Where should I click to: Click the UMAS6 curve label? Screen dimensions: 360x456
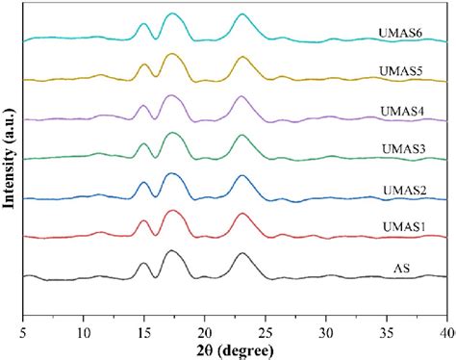[x=397, y=35]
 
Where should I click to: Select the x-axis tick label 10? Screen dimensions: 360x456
[x=84, y=330]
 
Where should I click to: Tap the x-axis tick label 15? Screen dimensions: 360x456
[x=144, y=330]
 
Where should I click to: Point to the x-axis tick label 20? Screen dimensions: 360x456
[x=205, y=330]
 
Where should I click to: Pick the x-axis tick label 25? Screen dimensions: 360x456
[x=266, y=330]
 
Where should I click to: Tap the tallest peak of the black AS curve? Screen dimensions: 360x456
[x=172, y=251]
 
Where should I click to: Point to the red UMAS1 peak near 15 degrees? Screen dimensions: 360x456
[x=144, y=221]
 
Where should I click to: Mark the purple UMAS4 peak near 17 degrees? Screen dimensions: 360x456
[x=171, y=96]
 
